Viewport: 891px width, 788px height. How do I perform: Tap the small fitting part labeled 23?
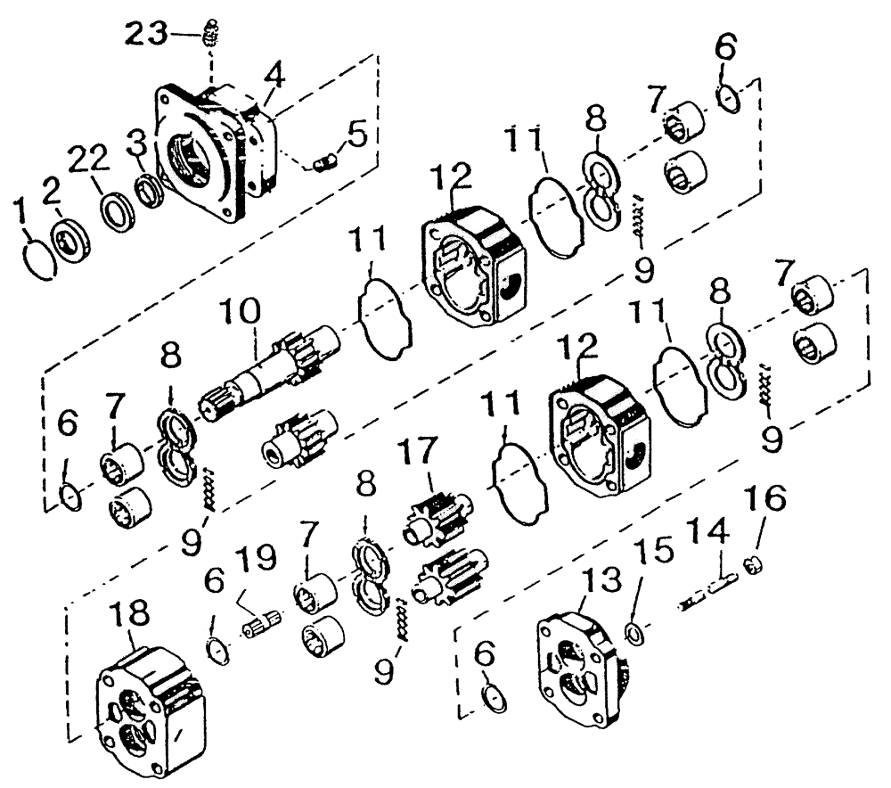(211, 33)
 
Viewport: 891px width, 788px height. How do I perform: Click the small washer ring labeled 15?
(634, 634)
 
